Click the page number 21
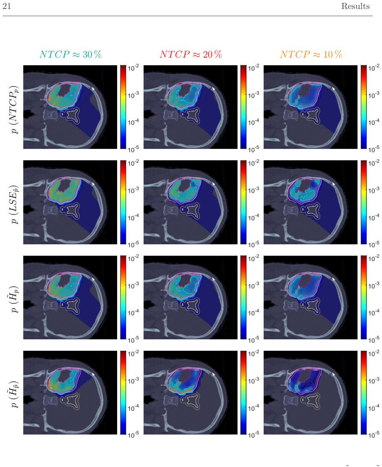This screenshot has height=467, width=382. point(7,6)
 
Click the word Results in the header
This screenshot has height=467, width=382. point(355,6)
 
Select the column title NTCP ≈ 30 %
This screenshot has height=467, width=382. point(71,54)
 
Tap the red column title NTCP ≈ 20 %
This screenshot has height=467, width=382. point(191,54)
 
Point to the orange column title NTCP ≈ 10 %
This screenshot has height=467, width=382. point(311,54)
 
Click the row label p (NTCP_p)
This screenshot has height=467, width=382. point(14,110)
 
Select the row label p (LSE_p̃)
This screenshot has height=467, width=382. point(14,204)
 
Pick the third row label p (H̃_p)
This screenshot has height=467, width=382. point(14,299)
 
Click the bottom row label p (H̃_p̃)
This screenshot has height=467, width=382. point(14,394)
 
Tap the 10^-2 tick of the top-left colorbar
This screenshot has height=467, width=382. point(133,68)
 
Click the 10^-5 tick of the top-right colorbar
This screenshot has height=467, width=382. point(374,149)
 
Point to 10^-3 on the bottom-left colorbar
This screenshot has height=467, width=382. point(133,381)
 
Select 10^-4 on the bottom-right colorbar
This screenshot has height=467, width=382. point(374,407)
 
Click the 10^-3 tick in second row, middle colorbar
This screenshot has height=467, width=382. point(253,190)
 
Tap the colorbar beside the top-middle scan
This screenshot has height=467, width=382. point(243,107)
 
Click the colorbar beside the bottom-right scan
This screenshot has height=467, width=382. point(364,392)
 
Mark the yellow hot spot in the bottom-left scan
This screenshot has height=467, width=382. point(51,388)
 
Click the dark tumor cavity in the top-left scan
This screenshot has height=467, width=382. point(64,90)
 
